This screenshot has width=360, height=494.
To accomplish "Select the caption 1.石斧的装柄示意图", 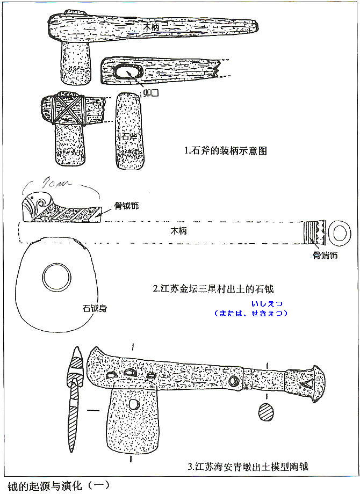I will click(225, 151).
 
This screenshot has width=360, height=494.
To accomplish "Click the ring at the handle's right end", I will click(340, 233).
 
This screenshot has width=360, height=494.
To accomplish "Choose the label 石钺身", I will click(93, 309).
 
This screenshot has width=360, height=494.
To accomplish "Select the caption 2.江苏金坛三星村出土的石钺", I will click(217, 288).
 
